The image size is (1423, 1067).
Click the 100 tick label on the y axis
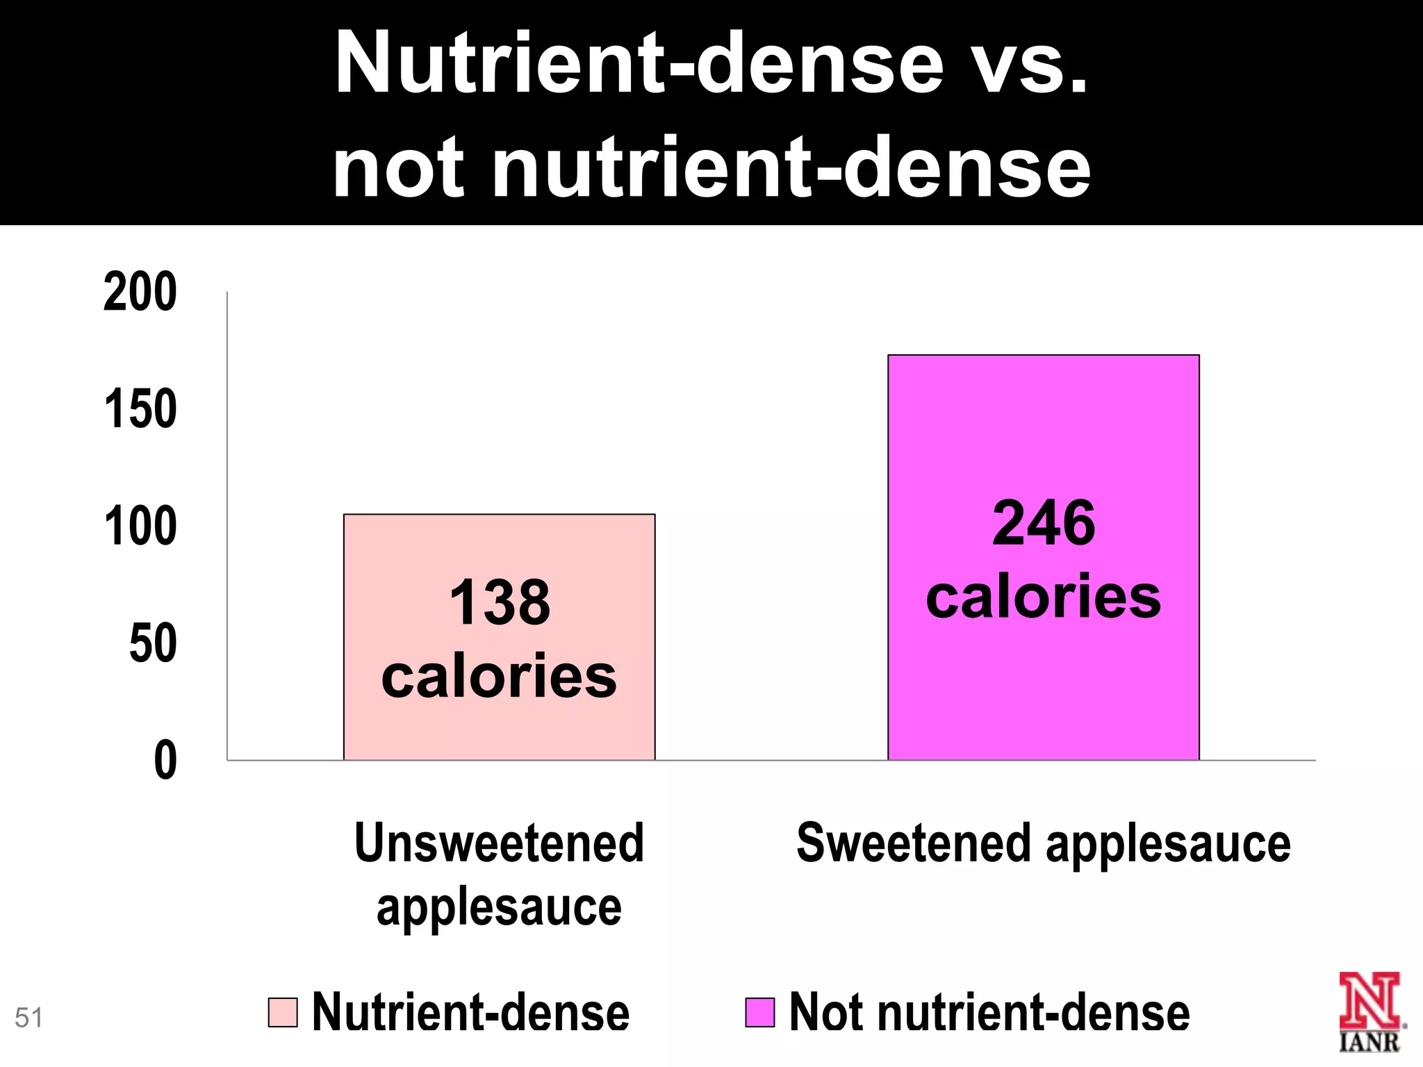coord(140,527)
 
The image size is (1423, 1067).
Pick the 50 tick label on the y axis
coord(153,643)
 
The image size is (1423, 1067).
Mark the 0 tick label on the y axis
coord(165,761)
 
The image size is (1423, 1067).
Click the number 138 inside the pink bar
coord(500,602)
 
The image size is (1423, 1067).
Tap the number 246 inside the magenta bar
coord(1043,523)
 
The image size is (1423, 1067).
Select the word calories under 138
coord(499,676)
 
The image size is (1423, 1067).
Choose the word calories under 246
coord(1043,597)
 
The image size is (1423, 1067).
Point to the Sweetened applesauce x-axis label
coord(1043,843)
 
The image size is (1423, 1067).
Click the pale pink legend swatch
coord(283,1012)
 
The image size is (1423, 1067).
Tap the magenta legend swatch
coord(759,1012)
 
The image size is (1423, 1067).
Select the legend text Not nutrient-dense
coord(989,1012)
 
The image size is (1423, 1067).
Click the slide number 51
coord(28,1018)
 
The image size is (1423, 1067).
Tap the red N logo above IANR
coord(1369,1000)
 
